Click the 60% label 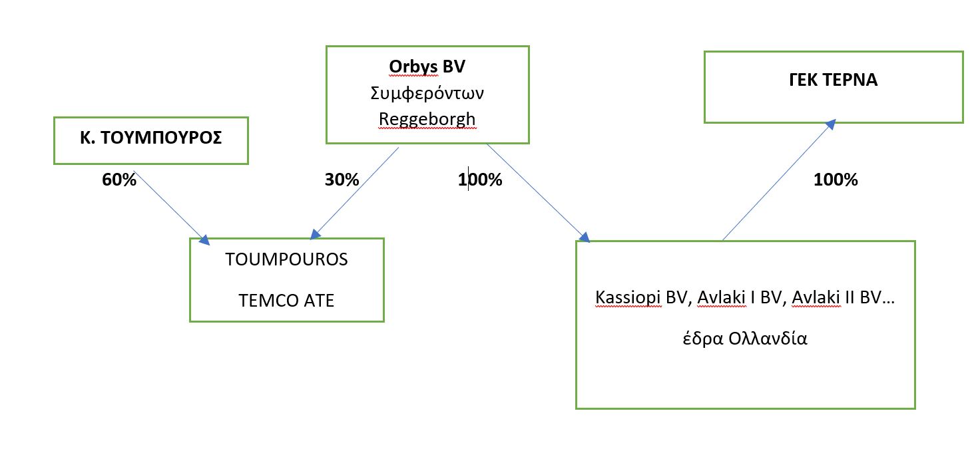coord(119,180)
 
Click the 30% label coord(342,180)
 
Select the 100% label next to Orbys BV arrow coord(480,180)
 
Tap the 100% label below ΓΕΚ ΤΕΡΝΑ coord(836,180)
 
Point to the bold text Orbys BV coord(426,67)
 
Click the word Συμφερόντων coord(427,92)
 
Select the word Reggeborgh coord(427,118)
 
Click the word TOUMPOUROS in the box coord(286,259)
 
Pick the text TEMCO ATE coord(286,301)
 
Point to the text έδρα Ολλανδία coord(745,337)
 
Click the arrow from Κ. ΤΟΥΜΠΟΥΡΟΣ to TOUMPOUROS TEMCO coord(172,203)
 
